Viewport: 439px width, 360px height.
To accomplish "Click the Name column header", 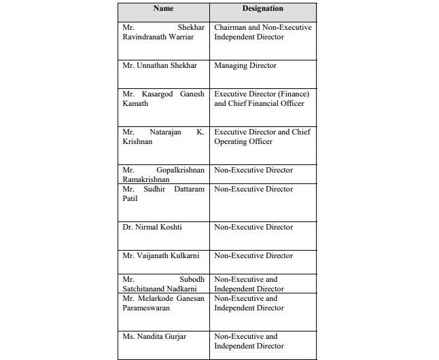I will pos(163,9).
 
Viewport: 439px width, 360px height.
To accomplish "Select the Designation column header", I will pos(262,9).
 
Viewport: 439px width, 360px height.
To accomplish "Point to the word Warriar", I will pos(186,37).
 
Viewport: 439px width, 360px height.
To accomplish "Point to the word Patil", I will pos(130,198).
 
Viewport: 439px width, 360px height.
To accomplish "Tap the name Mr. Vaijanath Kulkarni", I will pos(160,255).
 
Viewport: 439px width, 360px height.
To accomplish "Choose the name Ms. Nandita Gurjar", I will pos(154,336).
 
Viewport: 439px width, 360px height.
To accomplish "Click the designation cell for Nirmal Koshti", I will pos(253,227).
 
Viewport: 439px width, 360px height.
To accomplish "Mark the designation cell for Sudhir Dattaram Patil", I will pos(253,189).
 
